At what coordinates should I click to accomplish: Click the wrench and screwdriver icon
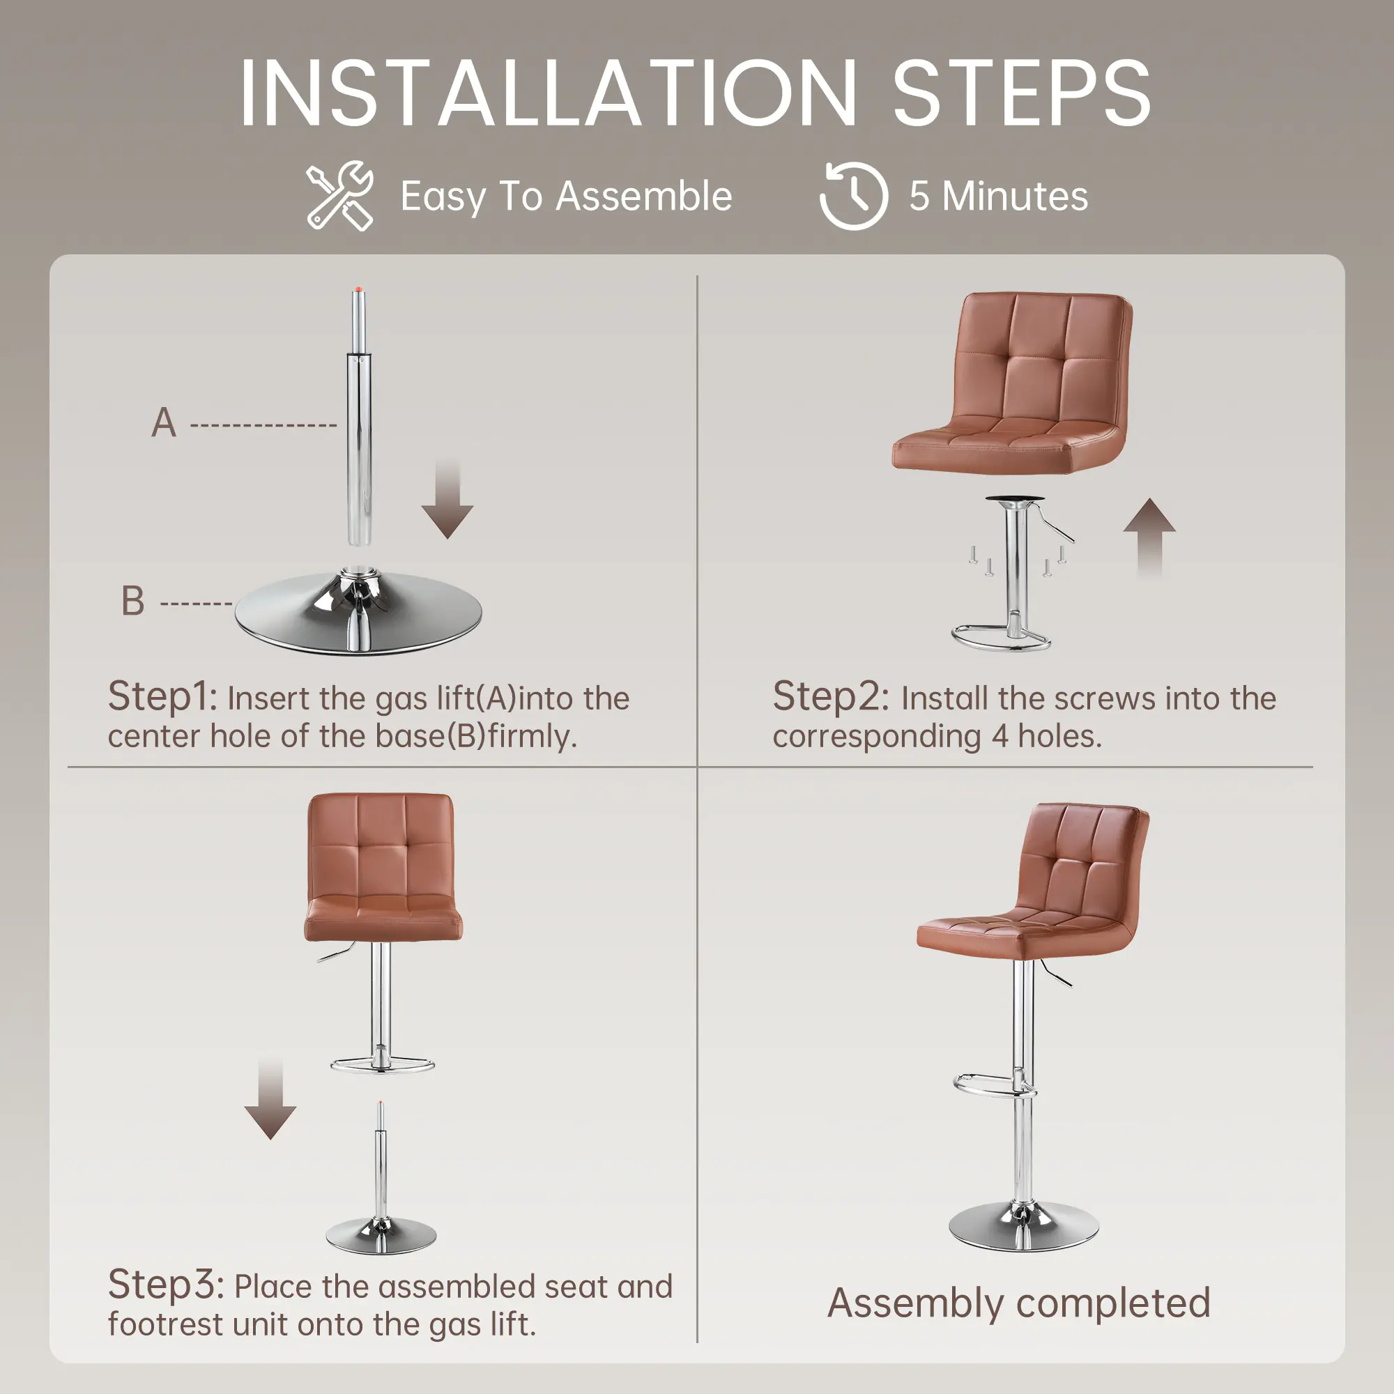(x=339, y=196)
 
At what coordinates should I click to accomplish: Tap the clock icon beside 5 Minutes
(x=854, y=196)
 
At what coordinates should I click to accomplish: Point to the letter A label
(x=164, y=422)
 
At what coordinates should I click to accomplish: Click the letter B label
(x=132, y=601)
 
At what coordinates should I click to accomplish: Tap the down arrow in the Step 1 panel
(x=447, y=499)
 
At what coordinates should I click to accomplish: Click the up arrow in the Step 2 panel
(x=1149, y=537)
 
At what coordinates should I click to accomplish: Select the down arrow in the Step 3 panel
(x=270, y=1098)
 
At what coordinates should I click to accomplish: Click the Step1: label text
(x=162, y=697)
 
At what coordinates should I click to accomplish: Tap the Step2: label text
(x=832, y=697)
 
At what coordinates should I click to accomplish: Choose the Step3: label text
(x=167, y=1285)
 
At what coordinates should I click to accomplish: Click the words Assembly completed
(x=1019, y=1303)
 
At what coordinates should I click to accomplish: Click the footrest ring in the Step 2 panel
(x=1001, y=639)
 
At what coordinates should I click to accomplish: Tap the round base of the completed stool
(x=1024, y=1227)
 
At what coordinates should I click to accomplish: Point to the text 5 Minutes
(x=999, y=197)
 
